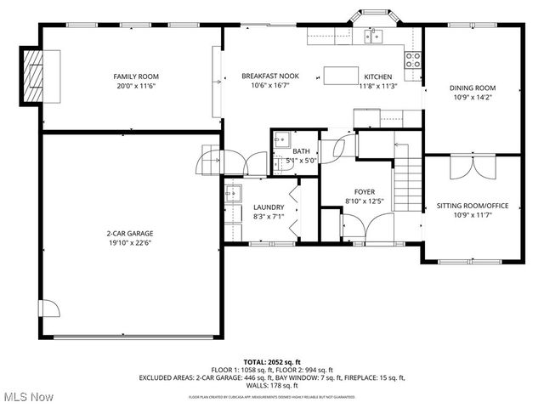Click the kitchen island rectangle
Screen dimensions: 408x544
pos(341,76)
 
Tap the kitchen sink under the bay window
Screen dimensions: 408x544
pos(372,36)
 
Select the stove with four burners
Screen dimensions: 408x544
pos(412,59)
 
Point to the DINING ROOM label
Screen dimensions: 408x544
pos(472,88)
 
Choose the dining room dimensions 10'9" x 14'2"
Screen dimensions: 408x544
pos(472,97)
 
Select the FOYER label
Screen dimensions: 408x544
pos(365,192)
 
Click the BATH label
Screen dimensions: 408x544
pos(301,151)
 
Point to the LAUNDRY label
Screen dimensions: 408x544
pos(268,207)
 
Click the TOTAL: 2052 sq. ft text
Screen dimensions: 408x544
pos(272,361)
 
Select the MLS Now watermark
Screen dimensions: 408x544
pos(27,397)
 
